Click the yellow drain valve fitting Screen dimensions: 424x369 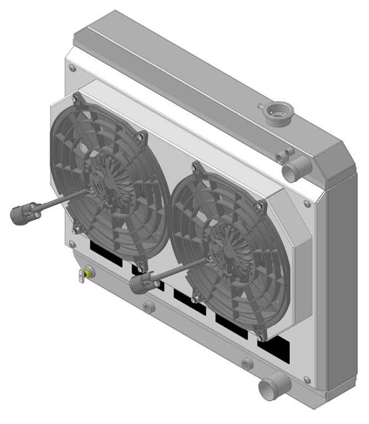coord(87,273)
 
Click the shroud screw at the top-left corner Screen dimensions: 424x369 coord(71,68)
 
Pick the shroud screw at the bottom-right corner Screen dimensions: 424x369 coord(307,380)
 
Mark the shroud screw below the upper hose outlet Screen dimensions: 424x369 coord(307,204)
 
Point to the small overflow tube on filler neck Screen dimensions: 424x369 coord(261,105)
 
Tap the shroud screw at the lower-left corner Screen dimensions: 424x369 coord(71,244)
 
